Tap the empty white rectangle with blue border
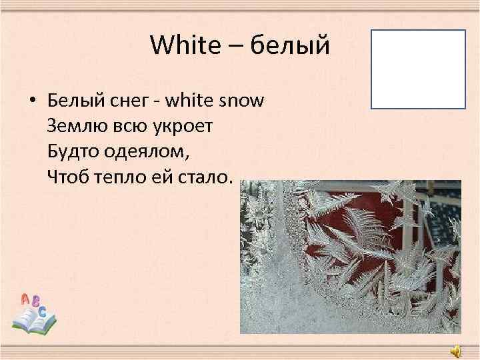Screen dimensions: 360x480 point(418,69)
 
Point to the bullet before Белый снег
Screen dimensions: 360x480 point(31,101)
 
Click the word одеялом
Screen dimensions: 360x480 point(146,151)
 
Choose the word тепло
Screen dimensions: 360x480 point(118,177)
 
